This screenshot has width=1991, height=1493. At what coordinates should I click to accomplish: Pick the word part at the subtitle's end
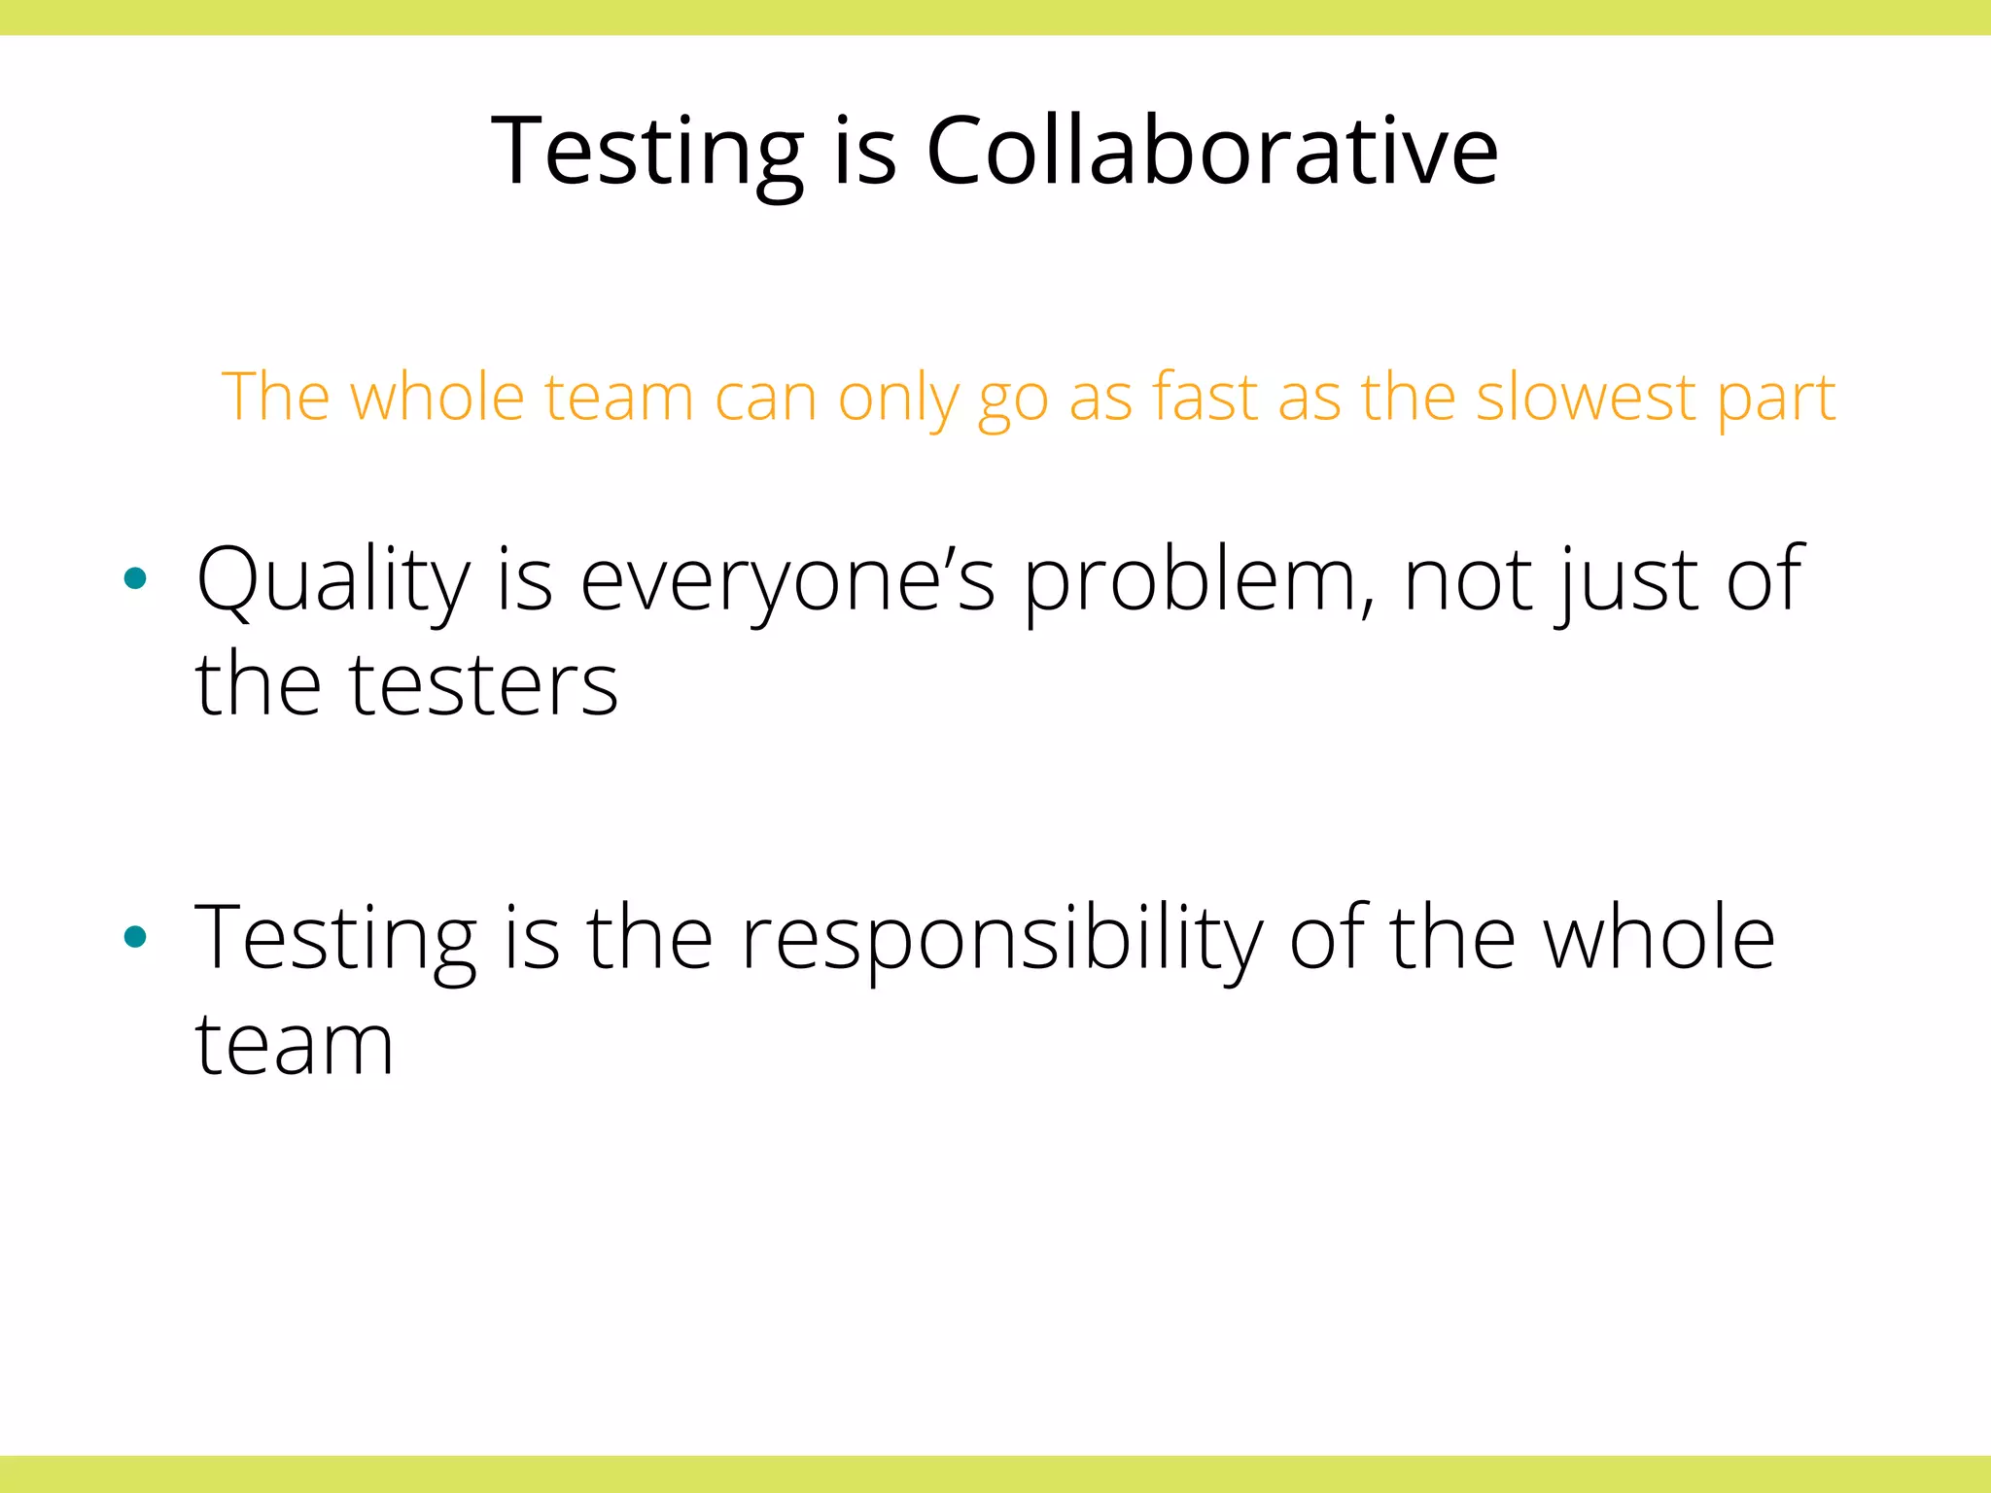click(x=1776, y=399)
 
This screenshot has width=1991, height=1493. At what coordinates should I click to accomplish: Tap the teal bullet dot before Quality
click(x=135, y=579)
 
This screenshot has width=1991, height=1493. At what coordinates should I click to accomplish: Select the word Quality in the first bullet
click(x=333, y=581)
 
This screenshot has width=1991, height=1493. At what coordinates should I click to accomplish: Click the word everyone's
click(x=787, y=581)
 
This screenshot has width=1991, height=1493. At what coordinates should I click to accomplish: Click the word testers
click(x=483, y=684)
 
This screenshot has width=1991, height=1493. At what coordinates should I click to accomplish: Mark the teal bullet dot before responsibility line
click(x=135, y=937)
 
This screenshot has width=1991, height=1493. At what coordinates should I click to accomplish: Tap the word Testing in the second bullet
click(x=335, y=939)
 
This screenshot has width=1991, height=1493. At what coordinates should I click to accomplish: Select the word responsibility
click(x=1001, y=939)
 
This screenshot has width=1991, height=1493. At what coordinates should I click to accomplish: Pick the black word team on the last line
click(x=295, y=1044)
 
